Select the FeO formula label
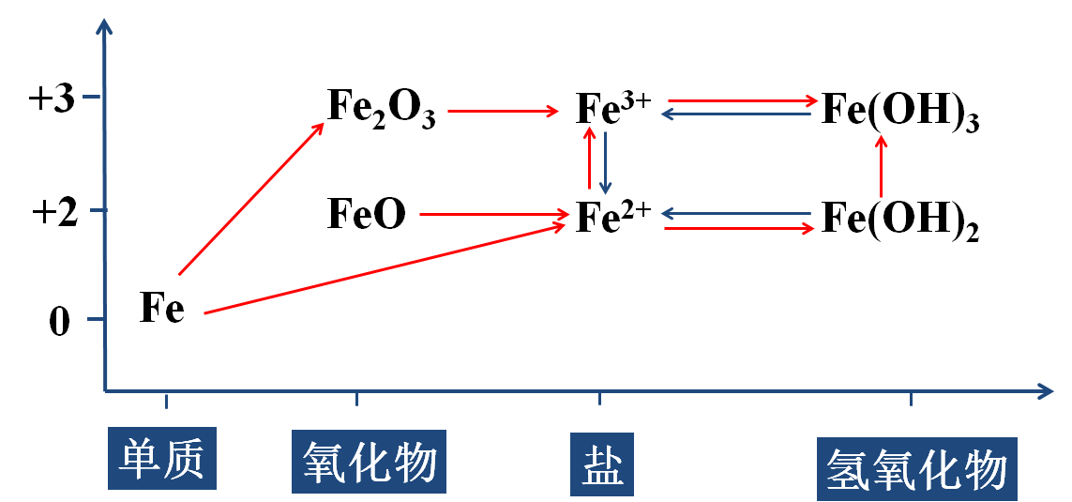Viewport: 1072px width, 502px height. pyautogui.click(x=367, y=215)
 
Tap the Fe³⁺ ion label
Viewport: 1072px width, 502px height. pyautogui.click(x=612, y=109)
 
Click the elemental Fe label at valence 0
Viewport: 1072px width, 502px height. pyautogui.click(x=161, y=308)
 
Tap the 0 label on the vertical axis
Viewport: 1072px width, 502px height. pyautogui.click(x=59, y=323)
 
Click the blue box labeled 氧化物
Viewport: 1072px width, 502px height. pyautogui.click(x=370, y=461)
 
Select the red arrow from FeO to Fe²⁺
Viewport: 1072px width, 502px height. pyautogui.click(x=493, y=216)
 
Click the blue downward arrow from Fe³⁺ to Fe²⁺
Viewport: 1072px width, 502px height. pyautogui.click(x=606, y=161)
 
